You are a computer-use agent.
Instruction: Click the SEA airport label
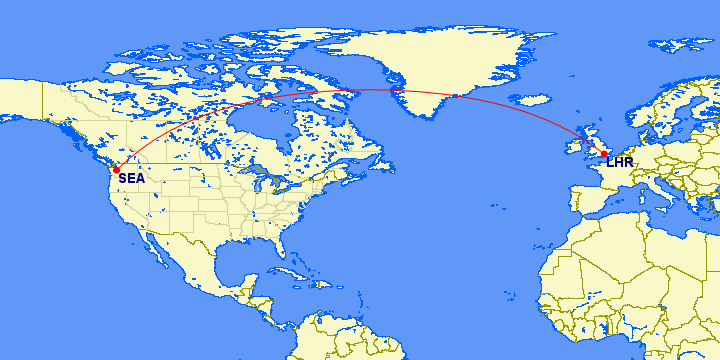coord(131,179)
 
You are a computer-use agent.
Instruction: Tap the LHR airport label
coord(619,162)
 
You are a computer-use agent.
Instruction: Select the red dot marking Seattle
coord(117,170)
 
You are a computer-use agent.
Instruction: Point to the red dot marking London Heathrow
coord(604,154)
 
